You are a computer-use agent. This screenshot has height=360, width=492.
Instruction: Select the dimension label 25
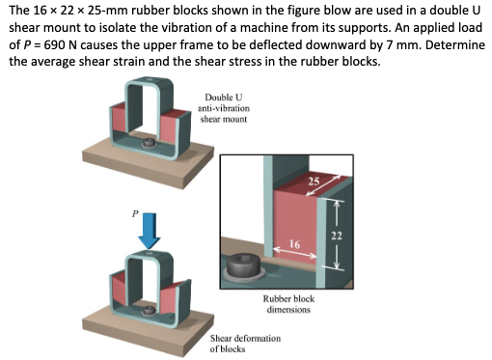[x=313, y=181]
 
